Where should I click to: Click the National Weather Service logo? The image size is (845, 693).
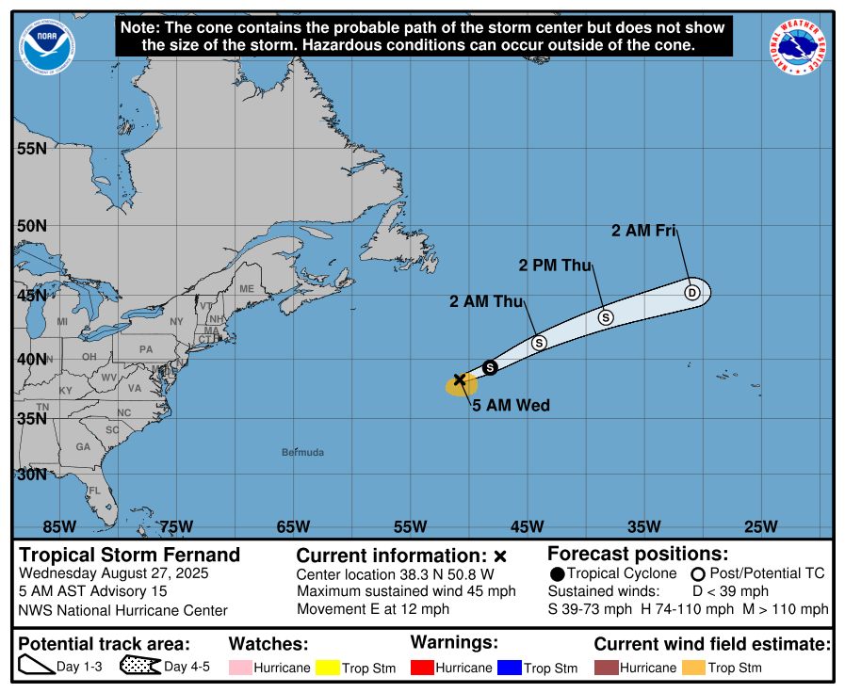[801, 47]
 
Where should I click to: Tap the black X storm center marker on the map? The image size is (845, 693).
[460, 379]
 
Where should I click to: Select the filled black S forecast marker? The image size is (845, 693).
[489, 367]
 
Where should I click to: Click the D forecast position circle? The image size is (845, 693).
[692, 292]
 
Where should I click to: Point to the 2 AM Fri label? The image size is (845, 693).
[644, 230]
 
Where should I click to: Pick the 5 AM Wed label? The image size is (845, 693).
[511, 406]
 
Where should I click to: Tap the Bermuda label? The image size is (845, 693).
[302, 453]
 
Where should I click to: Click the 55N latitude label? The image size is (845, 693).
[31, 149]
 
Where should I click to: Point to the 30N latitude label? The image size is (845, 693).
[31, 475]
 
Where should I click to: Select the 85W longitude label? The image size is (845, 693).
[58, 526]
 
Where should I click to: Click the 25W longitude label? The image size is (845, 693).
[760, 526]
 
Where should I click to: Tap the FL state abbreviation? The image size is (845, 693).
[94, 491]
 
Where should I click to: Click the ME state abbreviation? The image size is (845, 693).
[247, 289]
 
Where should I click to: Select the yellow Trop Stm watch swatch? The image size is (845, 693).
[328, 668]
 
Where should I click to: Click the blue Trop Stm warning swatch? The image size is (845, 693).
[510, 668]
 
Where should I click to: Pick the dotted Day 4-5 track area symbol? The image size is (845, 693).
[139, 667]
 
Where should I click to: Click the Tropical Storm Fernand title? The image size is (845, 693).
[130, 555]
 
